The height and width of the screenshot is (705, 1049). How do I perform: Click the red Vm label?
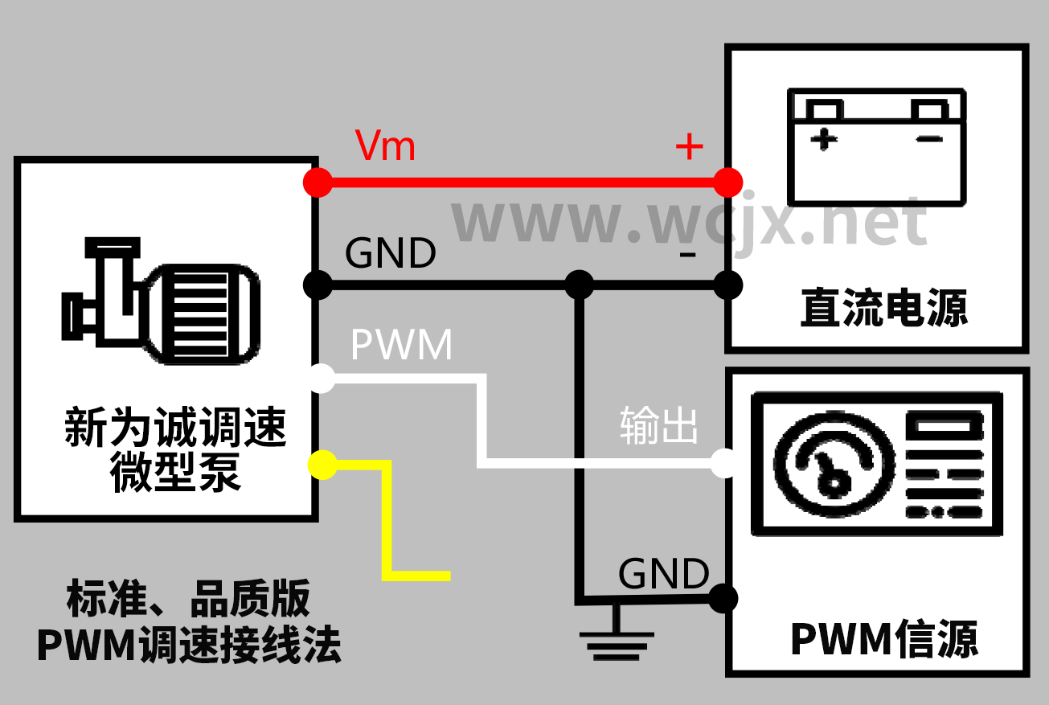coord(385,146)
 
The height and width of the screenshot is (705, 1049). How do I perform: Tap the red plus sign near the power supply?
coord(689,146)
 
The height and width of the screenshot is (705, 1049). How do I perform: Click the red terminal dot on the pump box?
coord(318,182)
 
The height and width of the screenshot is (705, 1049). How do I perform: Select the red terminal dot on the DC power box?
coord(728,182)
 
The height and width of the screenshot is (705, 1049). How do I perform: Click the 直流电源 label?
coord(884,308)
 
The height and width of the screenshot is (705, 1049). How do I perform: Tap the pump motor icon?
coord(161,300)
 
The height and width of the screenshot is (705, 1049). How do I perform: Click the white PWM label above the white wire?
coord(402,345)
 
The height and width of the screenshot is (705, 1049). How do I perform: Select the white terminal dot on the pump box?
coord(322,379)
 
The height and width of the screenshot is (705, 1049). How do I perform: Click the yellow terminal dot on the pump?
coord(323,465)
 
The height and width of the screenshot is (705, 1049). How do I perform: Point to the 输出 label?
coord(659,425)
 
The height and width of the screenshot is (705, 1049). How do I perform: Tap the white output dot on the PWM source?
coord(723,462)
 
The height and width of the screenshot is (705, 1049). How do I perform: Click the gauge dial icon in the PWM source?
coord(834,467)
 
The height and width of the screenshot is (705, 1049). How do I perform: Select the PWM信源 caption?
coord(884,639)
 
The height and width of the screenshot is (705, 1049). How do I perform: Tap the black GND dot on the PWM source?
coord(723,597)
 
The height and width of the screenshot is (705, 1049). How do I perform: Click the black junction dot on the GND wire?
coord(579,284)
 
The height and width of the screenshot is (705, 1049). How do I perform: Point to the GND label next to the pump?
coord(390,253)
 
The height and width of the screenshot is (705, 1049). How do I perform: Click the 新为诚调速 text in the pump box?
coord(175,427)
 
